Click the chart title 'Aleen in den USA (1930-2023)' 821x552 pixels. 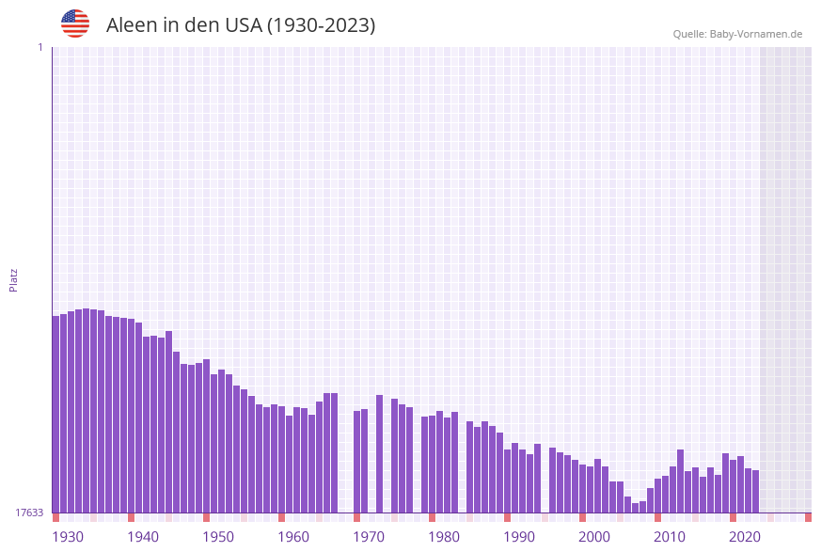241,25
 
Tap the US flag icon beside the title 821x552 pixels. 75,24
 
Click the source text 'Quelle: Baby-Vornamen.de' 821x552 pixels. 737,34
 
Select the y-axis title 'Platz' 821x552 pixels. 13,279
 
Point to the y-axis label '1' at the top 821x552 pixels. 39,47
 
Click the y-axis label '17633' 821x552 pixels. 28,513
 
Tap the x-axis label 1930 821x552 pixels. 68,537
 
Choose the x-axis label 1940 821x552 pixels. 143,537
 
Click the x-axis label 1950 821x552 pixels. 218,537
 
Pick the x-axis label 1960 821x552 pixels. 293,537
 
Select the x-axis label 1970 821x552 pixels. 369,537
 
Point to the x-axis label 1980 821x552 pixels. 444,537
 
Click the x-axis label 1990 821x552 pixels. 519,537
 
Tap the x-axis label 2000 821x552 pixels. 594,537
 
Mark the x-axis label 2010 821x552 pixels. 670,537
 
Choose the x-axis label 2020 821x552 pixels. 745,537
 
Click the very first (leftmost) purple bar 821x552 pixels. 55,414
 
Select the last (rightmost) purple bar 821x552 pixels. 755,491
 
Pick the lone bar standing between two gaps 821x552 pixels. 379,453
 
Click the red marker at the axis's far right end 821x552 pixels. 808,517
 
